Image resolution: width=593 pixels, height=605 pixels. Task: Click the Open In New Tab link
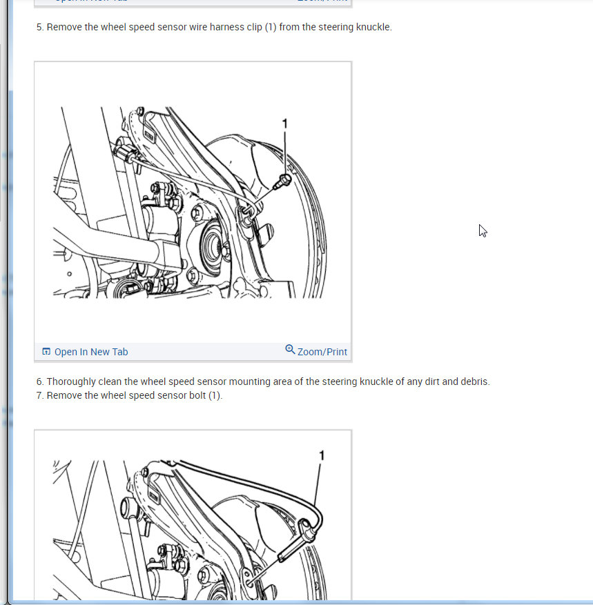[x=90, y=352]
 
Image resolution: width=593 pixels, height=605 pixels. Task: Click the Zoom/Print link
[x=322, y=352]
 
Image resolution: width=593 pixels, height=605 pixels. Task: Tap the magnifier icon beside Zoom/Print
[x=290, y=350]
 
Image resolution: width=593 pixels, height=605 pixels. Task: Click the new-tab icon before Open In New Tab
[x=46, y=352]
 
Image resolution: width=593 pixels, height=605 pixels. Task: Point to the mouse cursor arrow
[x=483, y=230]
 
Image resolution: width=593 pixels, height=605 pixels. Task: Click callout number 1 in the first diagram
[x=285, y=123]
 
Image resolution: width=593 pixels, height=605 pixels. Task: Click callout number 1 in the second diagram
[x=321, y=455]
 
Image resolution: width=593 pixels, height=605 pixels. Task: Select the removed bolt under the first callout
[x=282, y=181]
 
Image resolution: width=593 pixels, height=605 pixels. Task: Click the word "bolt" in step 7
[x=197, y=395]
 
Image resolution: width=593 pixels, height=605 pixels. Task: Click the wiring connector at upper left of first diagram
[x=125, y=155]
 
